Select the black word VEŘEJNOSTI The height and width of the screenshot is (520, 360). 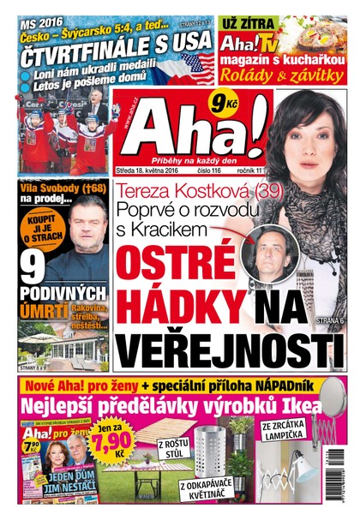pyautogui.click(x=222, y=351)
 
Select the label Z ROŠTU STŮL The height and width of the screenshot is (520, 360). pyautogui.click(x=173, y=447)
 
